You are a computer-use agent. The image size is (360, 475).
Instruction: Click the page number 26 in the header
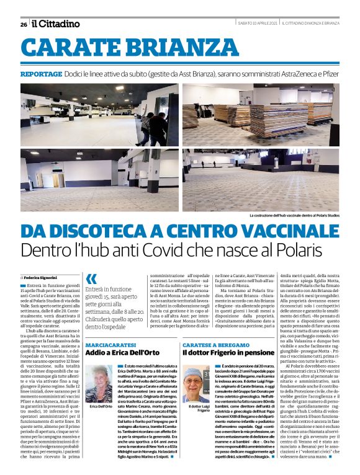(24, 25)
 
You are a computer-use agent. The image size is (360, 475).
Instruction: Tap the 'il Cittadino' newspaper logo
(56, 24)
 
